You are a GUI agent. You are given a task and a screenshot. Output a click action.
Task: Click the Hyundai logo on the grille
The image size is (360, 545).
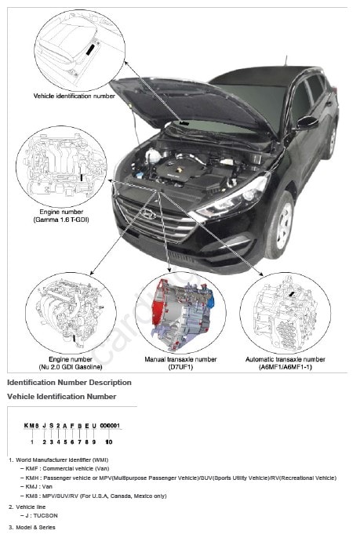149,214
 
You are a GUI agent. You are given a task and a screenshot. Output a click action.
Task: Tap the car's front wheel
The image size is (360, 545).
282,226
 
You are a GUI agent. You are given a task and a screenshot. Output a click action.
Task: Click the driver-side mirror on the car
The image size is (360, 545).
307,122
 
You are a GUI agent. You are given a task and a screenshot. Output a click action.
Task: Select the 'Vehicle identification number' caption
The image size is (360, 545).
74,96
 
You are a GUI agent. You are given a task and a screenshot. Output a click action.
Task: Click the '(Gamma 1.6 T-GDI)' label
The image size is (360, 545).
61,220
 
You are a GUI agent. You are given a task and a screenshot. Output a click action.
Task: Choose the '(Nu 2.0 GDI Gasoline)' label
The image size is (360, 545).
71,367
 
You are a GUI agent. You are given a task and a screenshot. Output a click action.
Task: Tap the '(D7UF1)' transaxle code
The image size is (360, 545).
180,367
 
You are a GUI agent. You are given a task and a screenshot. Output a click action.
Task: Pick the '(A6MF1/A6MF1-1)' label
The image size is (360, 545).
285,367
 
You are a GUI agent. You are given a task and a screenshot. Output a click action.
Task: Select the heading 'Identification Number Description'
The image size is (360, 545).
70,383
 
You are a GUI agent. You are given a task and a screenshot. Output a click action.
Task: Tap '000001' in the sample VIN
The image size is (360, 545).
110,426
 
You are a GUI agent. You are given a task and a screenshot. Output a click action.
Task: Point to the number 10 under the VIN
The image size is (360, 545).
109,441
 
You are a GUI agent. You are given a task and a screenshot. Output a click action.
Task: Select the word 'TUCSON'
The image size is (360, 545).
45,515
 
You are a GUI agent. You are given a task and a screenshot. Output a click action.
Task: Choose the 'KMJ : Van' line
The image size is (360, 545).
39,487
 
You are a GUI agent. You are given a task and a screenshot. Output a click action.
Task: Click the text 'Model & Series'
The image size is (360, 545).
35,527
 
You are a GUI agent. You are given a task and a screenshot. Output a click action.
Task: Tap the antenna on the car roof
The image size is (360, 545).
286,61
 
